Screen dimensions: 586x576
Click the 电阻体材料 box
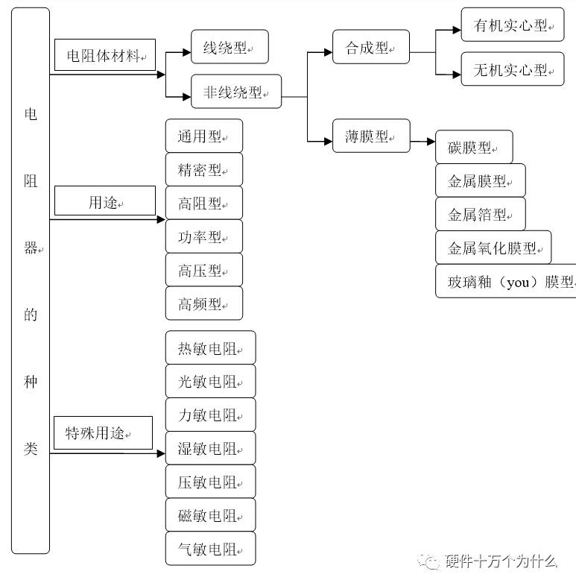(104, 55)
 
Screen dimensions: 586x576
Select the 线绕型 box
(230, 47)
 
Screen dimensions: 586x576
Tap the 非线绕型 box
(236, 92)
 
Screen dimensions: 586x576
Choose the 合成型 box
(371, 47)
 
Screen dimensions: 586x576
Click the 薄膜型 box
(371, 136)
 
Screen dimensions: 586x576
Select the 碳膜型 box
(474, 147)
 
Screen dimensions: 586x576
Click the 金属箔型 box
(481, 214)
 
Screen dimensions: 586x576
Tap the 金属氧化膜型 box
(493, 248)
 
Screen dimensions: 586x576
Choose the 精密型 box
(204, 169)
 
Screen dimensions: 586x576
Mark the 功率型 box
(204, 236)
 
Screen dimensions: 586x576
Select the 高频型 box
(204, 303)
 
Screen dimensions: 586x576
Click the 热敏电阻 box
(211, 348)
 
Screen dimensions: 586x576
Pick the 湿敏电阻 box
(211, 448)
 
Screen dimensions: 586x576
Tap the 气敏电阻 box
(211, 549)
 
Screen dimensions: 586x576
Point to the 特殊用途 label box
(103, 433)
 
